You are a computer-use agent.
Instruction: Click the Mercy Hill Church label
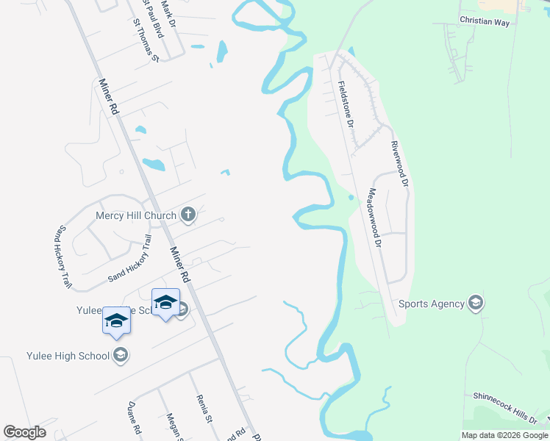(136, 216)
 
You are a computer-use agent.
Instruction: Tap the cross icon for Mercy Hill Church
(188, 215)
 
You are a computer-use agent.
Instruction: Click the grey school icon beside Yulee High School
(121, 356)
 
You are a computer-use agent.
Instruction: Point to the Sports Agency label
(432, 304)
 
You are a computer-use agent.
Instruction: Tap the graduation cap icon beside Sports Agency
(476, 303)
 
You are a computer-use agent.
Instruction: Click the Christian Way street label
(485, 22)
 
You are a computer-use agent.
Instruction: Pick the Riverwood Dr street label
(399, 163)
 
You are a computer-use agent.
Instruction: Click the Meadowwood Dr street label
(375, 218)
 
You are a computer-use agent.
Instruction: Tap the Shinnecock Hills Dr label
(504, 406)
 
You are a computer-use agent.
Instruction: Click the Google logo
(24, 432)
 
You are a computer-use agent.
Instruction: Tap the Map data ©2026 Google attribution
(504, 435)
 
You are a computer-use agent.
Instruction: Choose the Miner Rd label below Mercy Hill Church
(180, 265)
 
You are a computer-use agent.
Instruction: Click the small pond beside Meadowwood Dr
(351, 197)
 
